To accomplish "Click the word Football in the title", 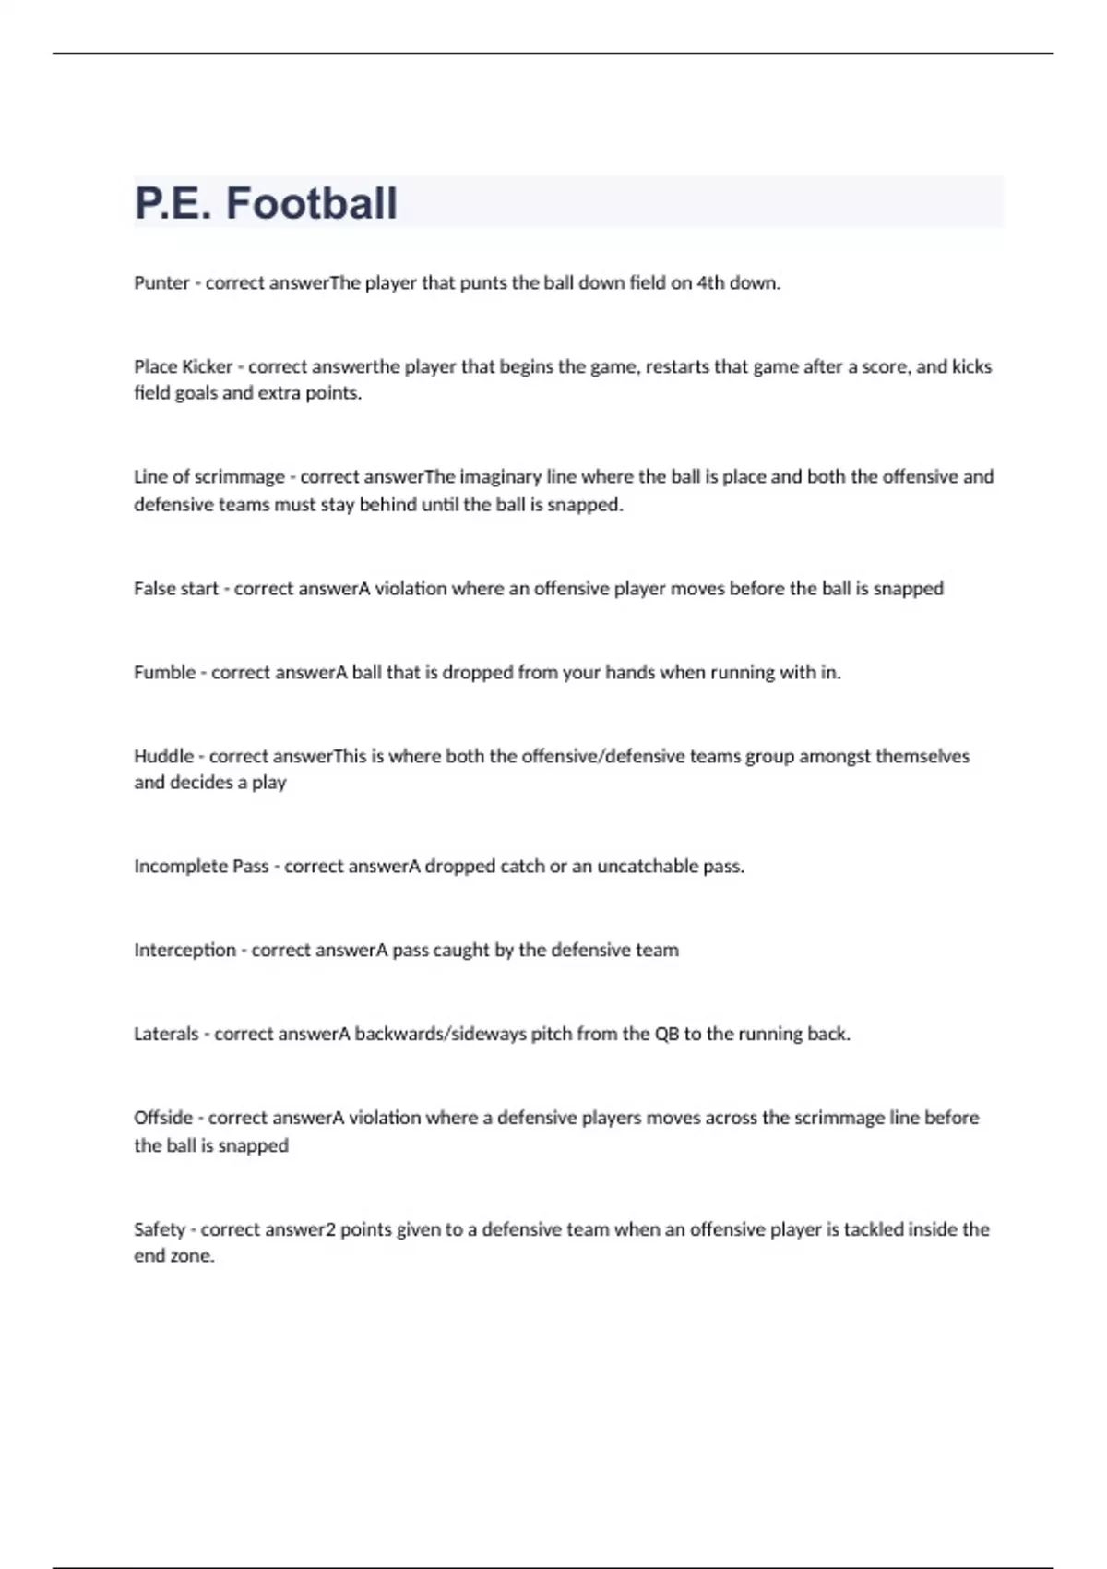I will [x=312, y=203].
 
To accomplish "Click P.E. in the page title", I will [x=173, y=203].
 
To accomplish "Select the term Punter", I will [x=161, y=283].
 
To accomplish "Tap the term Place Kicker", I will [x=183, y=366].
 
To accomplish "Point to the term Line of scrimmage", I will [x=208, y=477].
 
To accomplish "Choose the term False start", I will [x=175, y=589].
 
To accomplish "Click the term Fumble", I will [x=164, y=673].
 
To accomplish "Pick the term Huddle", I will [x=163, y=756].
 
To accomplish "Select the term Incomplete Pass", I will [x=201, y=867].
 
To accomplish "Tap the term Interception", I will [x=184, y=951].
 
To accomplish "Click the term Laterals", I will [x=166, y=1035].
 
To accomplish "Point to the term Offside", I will [x=163, y=1118].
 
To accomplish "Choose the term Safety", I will [x=160, y=1229].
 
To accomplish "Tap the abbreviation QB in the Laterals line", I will [x=666, y=1035].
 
